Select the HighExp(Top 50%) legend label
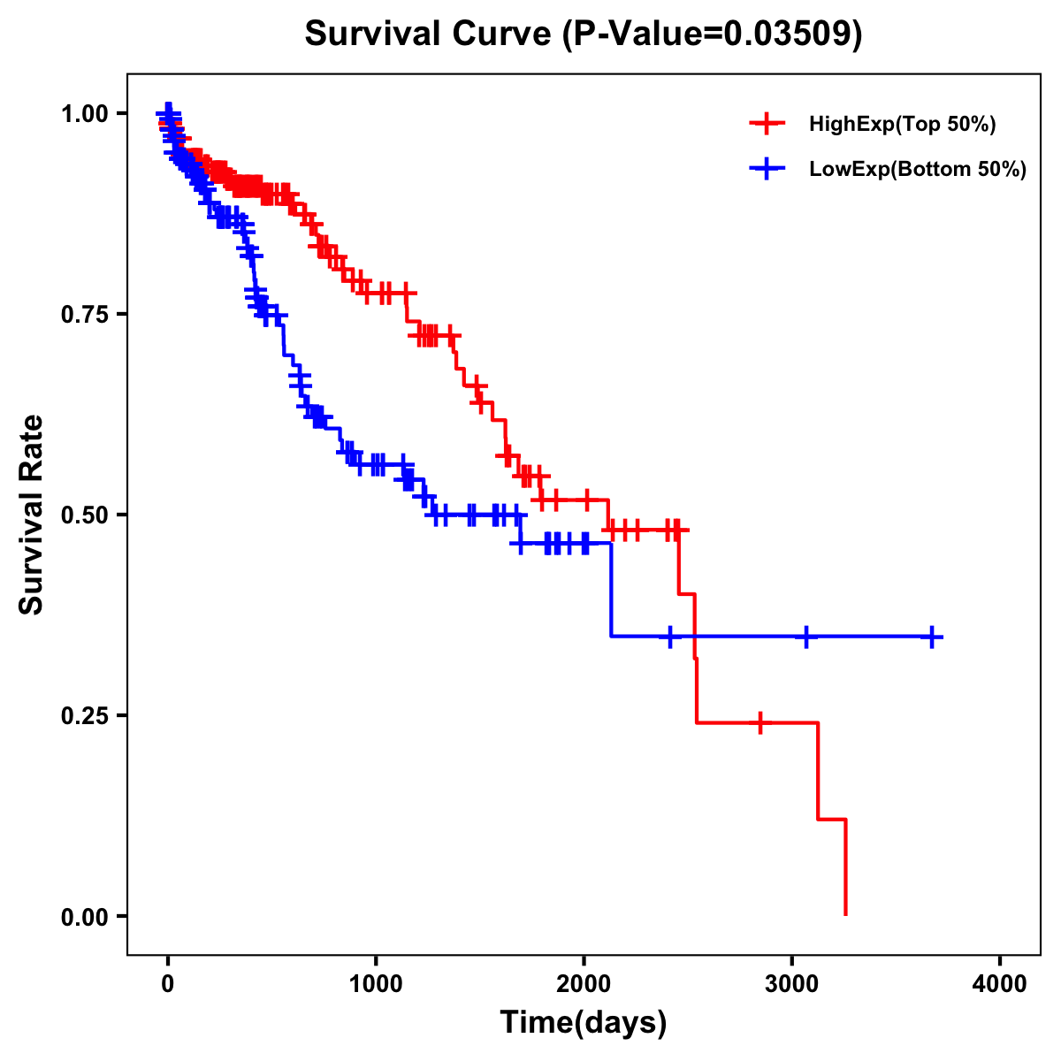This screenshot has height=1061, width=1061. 902,125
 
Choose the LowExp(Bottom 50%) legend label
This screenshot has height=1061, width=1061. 918,170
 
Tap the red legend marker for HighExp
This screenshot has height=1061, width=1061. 767,125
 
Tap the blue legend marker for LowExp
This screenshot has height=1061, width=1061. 767,170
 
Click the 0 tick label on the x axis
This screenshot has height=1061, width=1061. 168,983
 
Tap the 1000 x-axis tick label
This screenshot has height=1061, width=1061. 376,983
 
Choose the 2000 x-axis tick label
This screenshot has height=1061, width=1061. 584,983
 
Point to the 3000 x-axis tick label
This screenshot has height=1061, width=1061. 792,983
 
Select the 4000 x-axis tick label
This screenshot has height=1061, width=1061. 1000,983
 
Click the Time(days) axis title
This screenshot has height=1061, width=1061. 584,1023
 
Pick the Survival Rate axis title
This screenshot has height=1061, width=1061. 32,514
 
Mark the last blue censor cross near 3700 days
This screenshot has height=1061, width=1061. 932,637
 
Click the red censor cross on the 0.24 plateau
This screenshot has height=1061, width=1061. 759,722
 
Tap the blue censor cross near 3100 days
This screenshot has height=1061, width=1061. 806,637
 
